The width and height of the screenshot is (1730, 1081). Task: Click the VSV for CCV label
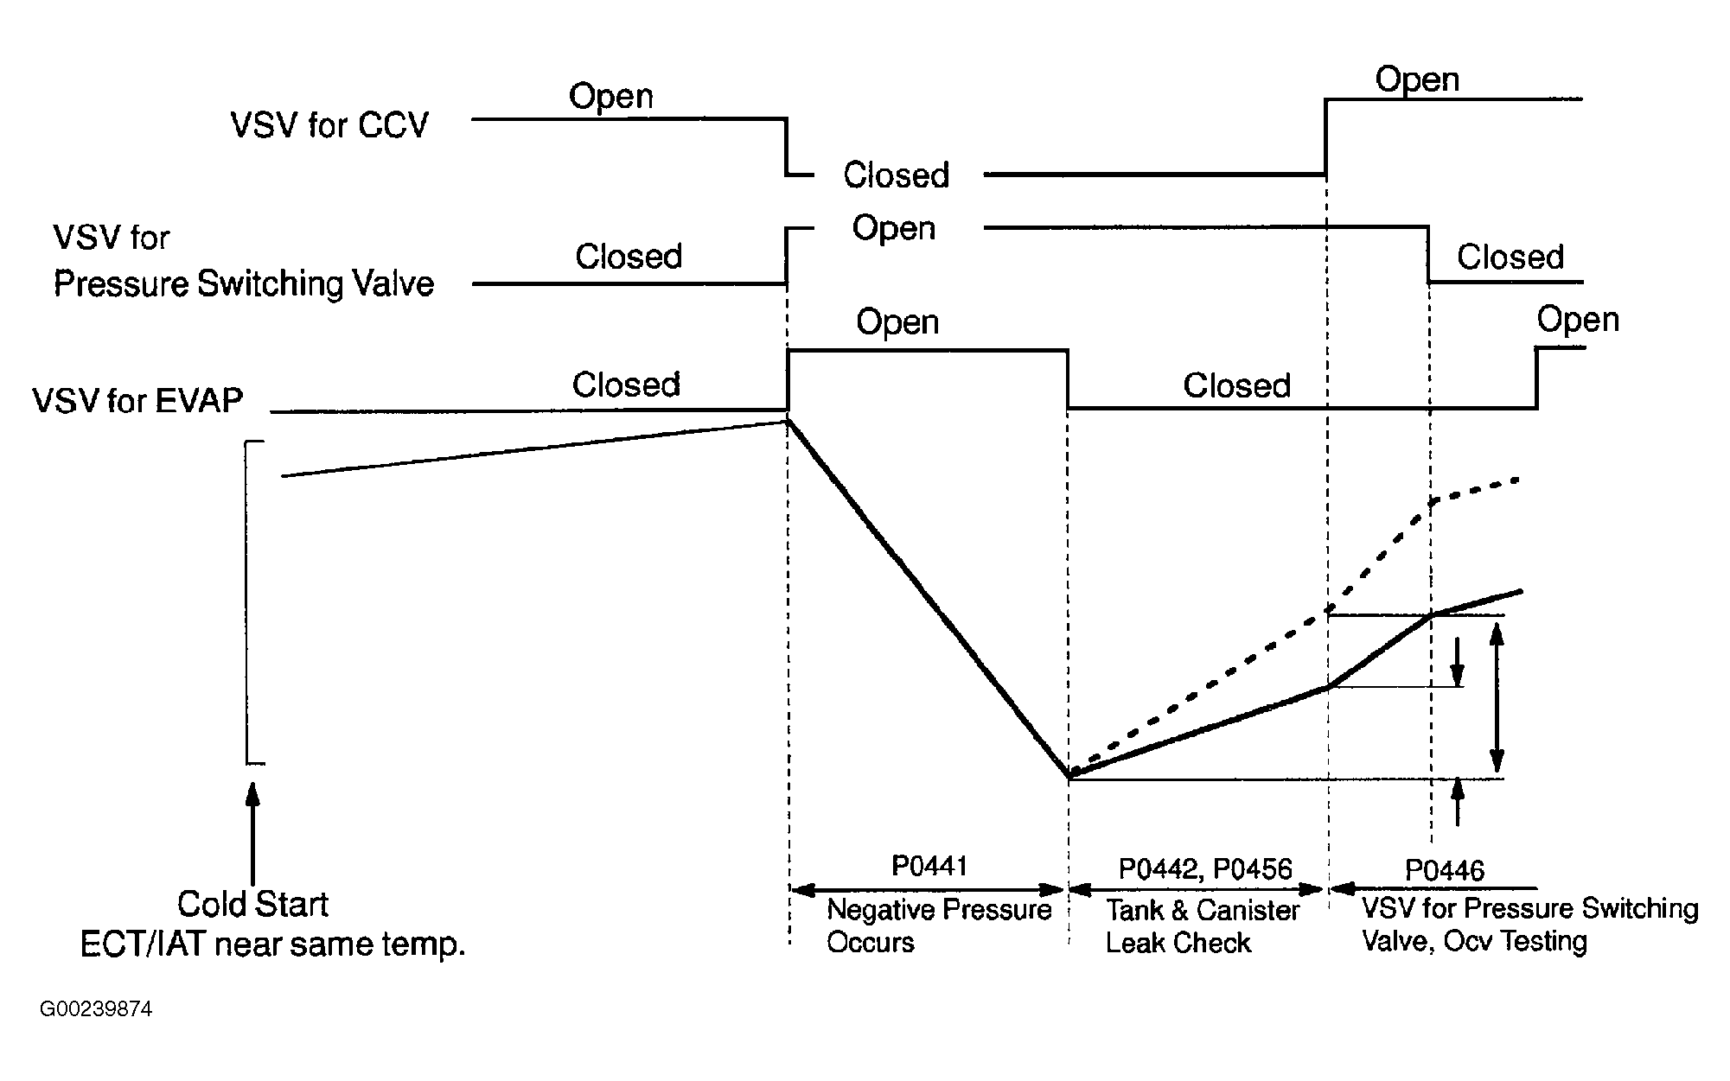point(329,126)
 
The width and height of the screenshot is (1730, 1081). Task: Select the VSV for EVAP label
point(137,401)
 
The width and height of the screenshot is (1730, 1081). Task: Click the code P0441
point(929,866)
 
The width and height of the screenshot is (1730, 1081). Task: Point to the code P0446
point(1445,870)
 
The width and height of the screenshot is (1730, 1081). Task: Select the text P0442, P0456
point(1205,868)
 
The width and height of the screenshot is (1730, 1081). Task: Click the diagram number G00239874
point(96,1009)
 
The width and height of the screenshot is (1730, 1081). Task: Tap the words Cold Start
point(252,905)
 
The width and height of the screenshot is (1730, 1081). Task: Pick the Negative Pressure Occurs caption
point(939,925)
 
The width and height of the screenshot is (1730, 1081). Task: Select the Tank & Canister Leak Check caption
point(1202,926)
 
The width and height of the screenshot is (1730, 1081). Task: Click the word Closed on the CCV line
point(897,175)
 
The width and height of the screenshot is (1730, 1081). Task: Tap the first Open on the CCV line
point(610,97)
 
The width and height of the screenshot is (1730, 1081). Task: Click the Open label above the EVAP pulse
point(897,322)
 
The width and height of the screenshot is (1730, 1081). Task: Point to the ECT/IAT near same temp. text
point(272,944)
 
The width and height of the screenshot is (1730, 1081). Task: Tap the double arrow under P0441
point(928,890)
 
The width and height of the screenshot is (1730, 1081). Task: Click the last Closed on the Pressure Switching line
point(1510,258)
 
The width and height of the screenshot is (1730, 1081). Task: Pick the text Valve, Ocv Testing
point(1474,941)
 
